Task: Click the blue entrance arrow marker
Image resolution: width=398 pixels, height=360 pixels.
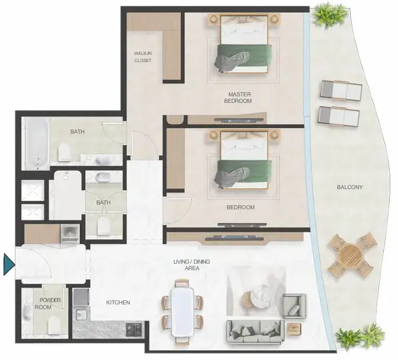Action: tap(9, 264)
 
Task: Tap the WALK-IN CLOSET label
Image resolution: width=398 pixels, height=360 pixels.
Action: tap(143, 57)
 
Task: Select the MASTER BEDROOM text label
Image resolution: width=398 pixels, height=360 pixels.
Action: tap(238, 98)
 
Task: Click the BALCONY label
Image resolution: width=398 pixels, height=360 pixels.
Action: tap(350, 187)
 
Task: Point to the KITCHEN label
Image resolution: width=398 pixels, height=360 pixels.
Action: tap(118, 303)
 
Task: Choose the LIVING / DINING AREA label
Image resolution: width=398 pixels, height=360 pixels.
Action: tap(192, 265)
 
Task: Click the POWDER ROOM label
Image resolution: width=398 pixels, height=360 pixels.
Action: tap(48, 303)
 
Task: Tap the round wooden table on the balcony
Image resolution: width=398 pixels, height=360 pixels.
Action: tap(351, 254)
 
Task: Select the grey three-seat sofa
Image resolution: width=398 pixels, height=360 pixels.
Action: tap(255, 331)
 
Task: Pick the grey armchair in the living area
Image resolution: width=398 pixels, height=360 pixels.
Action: tap(295, 306)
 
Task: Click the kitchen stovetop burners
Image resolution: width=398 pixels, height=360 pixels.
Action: tap(134, 329)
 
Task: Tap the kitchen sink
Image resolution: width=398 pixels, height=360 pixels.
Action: tap(81, 315)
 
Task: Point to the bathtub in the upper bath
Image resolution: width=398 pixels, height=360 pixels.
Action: tap(38, 144)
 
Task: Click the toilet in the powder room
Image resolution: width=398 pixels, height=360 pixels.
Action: tap(54, 326)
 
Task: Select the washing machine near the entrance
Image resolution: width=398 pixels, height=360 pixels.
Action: tap(69, 234)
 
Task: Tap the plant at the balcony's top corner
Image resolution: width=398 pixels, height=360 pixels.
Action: tap(326, 16)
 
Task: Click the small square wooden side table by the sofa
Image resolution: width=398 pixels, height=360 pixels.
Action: tap(294, 329)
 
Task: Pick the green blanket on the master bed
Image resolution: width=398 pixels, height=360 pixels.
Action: tap(244, 56)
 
